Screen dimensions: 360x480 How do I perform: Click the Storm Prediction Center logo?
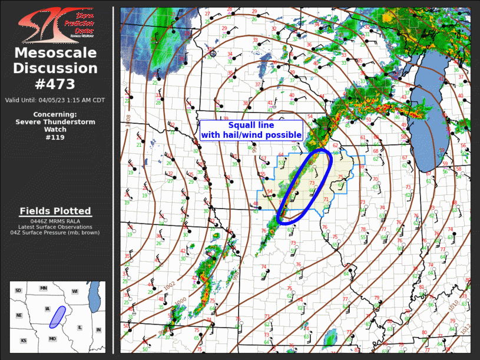click(x=55, y=25)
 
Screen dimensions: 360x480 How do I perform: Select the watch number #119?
click(x=55, y=137)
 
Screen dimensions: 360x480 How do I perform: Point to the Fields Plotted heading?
click(x=55, y=211)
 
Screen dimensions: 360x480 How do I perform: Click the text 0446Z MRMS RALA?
click(x=55, y=221)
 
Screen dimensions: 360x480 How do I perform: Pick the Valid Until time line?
click(x=55, y=100)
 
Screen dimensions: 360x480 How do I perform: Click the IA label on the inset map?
click(x=48, y=308)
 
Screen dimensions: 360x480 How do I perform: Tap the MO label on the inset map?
click(x=52, y=339)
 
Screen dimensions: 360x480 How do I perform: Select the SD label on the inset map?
click(x=18, y=290)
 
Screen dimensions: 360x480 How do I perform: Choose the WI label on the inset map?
click(x=75, y=291)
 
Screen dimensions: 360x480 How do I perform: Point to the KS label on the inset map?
click(x=23, y=341)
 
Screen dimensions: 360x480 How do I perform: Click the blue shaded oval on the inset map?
click(x=57, y=317)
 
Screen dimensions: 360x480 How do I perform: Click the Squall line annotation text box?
click(x=251, y=130)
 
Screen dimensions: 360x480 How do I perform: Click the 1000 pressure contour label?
click(x=181, y=300)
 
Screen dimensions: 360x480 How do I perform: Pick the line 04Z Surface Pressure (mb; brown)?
click(x=55, y=232)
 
